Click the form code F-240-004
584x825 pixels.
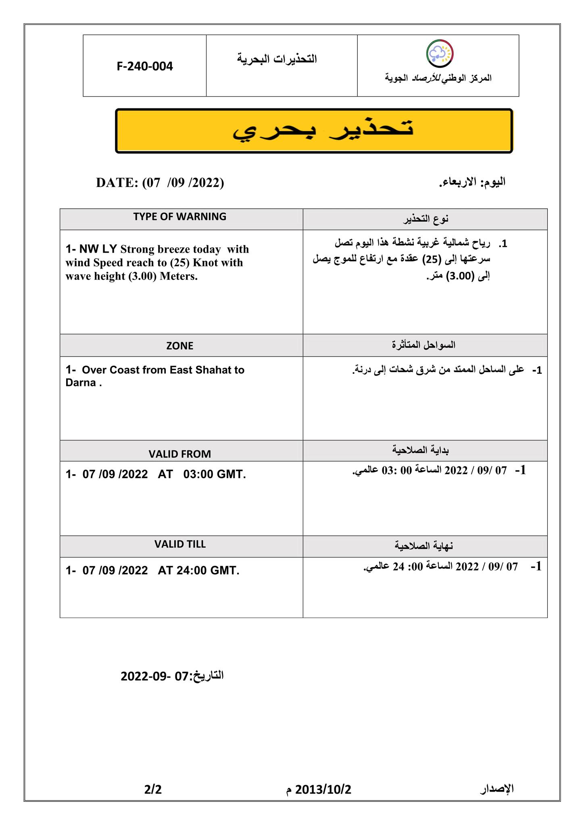145,66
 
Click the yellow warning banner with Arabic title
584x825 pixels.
314,131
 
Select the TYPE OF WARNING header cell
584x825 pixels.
180,217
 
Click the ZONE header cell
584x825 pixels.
180,346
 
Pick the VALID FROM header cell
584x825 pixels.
180,454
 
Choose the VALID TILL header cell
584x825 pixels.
180,544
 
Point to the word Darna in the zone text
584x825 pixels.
81,383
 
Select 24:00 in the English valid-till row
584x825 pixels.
192,570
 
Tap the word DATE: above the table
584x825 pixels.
117,183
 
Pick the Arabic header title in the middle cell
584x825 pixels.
277,59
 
